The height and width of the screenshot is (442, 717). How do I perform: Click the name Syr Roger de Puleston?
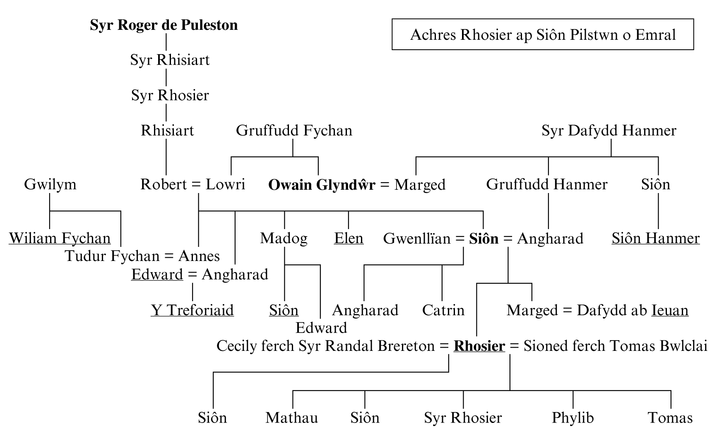(x=164, y=25)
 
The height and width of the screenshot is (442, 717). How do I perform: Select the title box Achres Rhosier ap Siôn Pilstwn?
(x=542, y=34)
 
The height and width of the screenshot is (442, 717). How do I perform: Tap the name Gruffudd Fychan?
(x=294, y=130)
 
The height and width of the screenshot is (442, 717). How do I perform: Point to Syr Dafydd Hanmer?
(x=609, y=130)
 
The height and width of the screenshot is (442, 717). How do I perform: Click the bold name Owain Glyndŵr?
(x=322, y=185)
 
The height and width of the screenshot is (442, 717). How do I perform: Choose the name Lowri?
(x=226, y=184)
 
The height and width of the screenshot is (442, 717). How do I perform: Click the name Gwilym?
(x=50, y=184)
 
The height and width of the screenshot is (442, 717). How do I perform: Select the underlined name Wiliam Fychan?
(x=60, y=238)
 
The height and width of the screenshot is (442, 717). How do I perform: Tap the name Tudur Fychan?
(x=112, y=256)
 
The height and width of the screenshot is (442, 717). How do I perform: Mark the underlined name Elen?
(x=349, y=238)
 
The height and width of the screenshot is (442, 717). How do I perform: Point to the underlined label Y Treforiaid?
(x=192, y=310)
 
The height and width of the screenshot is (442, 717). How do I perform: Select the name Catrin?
(x=443, y=310)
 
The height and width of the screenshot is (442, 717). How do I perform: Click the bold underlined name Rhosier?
(x=479, y=346)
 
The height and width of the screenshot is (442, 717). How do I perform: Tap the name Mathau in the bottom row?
(x=291, y=418)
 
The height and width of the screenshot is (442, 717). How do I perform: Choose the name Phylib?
(x=573, y=418)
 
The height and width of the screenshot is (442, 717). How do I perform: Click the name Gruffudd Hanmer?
(x=546, y=184)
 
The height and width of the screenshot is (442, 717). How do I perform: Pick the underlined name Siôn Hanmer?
(x=655, y=238)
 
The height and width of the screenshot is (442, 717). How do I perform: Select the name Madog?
(x=284, y=238)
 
